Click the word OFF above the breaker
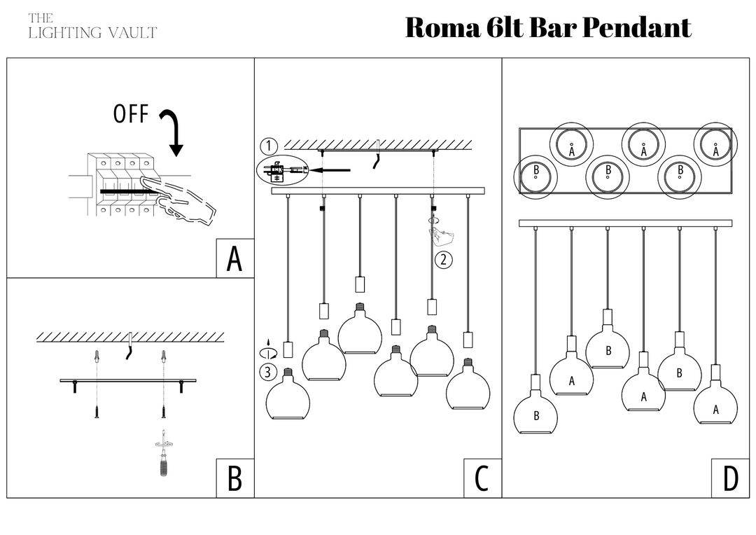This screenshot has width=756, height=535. (131, 114)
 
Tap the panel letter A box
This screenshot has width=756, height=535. (234, 259)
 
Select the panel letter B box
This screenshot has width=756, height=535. (234, 479)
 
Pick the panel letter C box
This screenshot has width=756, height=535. (482, 479)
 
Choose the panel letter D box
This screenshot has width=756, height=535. (730, 479)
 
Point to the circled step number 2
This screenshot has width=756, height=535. (443, 260)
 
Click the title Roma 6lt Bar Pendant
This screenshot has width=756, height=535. (548, 28)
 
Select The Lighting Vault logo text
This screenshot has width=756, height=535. (92, 26)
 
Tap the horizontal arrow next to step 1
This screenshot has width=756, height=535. (330, 169)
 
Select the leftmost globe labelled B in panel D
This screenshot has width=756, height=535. (536, 414)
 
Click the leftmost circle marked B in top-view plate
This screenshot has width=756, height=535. (535, 175)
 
